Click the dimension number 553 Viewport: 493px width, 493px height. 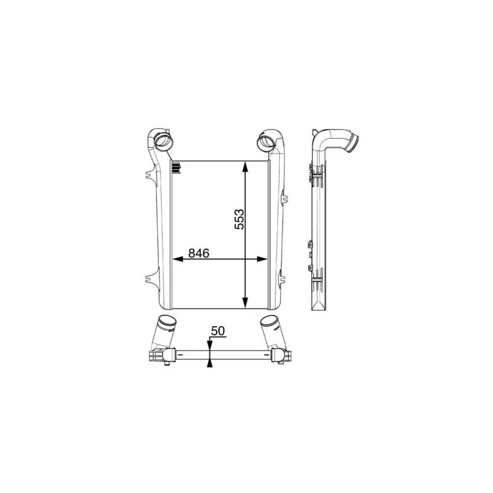click(239, 219)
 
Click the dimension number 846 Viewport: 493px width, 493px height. click(198, 253)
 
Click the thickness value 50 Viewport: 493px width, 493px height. click(218, 331)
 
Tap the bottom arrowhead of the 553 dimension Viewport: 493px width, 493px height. click(245, 303)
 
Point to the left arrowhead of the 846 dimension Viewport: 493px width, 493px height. click(178, 259)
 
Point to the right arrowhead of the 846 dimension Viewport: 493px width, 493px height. click(262, 259)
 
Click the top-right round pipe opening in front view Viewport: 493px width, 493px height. click(266, 142)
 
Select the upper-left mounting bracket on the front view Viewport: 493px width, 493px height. click(150, 174)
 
